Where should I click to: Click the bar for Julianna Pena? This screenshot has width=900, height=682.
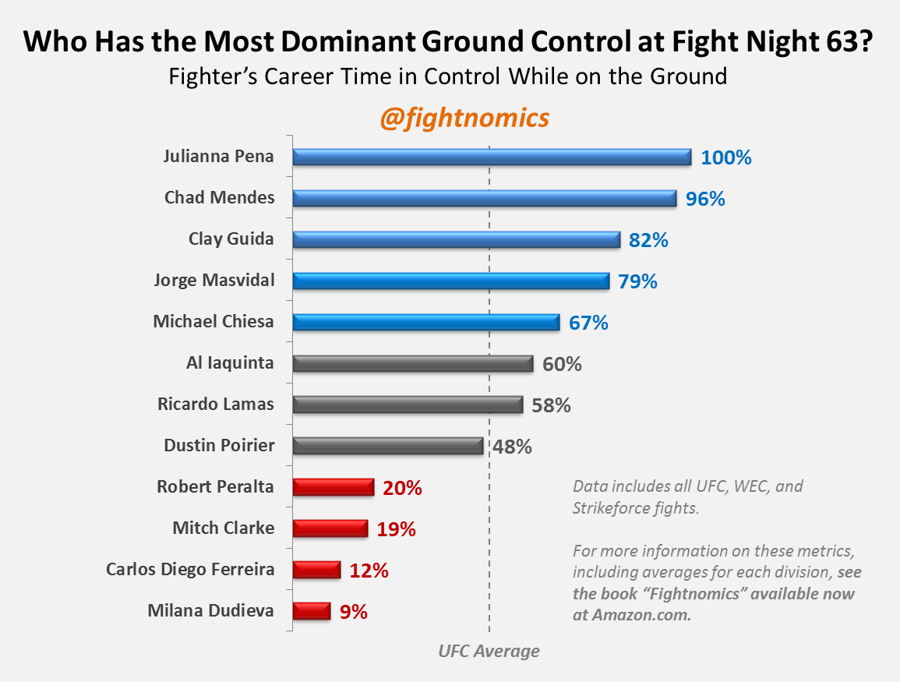pyautogui.click(x=492, y=157)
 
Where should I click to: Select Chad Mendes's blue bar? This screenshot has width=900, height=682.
pyautogui.click(x=484, y=199)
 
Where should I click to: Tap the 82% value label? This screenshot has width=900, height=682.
pyautogui.click(x=648, y=240)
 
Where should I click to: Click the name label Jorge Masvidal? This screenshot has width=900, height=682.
pyautogui.click(x=214, y=280)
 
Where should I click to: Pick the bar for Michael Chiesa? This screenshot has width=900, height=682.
pyautogui.click(x=425, y=322)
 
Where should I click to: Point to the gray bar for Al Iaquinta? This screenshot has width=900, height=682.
pyautogui.click(x=412, y=363)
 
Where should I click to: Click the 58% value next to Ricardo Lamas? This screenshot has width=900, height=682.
pyautogui.click(x=551, y=405)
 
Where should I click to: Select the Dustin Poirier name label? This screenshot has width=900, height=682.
pyautogui.click(x=219, y=446)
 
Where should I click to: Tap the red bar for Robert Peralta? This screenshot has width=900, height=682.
pyautogui.click(x=334, y=488)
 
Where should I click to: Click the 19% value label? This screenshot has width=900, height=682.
pyautogui.click(x=396, y=529)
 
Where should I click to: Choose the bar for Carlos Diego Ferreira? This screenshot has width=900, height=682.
pyautogui.click(x=316, y=571)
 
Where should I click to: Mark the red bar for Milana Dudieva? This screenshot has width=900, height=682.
pyautogui.click(x=311, y=611)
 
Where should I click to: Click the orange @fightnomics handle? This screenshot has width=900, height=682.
pyautogui.click(x=464, y=118)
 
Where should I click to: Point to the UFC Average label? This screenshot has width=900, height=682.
pyautogui.click(x=489, y=651)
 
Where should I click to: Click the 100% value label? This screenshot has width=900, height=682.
pyautogui.click(x=725, y=157)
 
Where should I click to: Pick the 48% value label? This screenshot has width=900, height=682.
pyautogui.click(x=511, y=447)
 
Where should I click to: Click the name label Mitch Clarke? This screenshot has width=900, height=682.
pyautogui.click(x=223, y=528)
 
